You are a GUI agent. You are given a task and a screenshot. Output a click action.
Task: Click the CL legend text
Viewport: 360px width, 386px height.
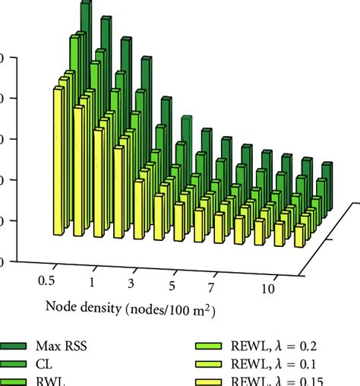[51, 364]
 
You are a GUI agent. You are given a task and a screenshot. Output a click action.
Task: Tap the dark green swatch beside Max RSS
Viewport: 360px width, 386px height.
[15, 346]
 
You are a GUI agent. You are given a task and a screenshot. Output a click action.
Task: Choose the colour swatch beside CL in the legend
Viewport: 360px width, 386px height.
[15, 365]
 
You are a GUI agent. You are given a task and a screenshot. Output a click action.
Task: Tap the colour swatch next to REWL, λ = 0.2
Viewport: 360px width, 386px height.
[216, 346]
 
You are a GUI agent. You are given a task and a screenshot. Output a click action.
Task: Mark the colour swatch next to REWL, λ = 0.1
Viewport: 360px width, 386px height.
[216, 365]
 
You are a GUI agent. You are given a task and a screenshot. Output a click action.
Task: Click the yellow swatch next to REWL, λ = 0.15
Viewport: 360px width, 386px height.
[216, 381]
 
